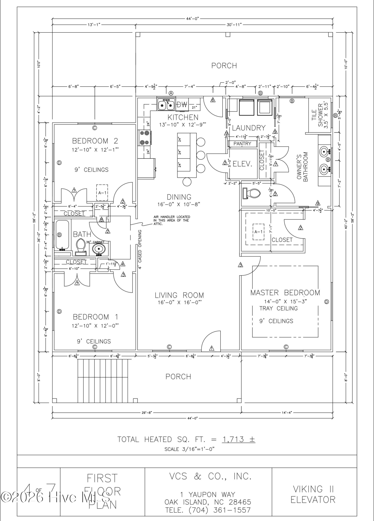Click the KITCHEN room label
[183, 117]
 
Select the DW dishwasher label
[182, 105]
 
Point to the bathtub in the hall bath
[62, 234]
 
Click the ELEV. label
[242, 164]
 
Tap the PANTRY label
[242, 144]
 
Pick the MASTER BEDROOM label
[285, 293]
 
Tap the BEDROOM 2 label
[95, 141]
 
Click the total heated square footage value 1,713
[233, 439]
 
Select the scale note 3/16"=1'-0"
[189, 449]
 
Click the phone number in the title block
[208, 510]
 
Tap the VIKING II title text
[313, 489]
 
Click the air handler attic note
[172, 220]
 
